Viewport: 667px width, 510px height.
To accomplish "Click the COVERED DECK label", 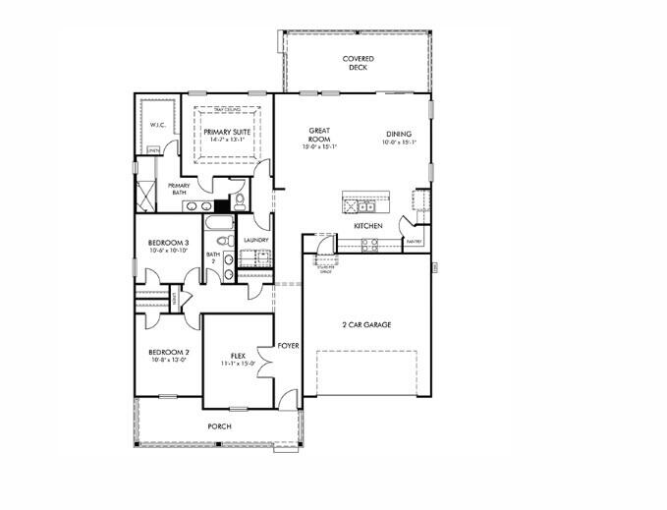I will pyautogui.click(x=358, y=64).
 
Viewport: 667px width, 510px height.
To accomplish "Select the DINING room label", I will pyautogui.click(x=398, y=135).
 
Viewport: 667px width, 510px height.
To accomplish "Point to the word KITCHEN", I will pyautogui.click(x=368, y=227).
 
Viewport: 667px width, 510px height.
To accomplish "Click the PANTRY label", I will pyautogui.click(x=415, y=242).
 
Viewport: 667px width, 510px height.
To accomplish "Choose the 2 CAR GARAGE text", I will pyautogui.click(x=367, y=324).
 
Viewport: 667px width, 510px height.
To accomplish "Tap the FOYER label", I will pyautogui.click(x=288, y=346).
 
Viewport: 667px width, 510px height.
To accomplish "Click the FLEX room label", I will pyautogui.click(x=238, y=356).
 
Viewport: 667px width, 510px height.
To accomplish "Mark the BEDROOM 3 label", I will pyautogui.click(x=169, y=243).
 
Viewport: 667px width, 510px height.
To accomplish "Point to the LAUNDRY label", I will pyautogui.click(x=255, y=240).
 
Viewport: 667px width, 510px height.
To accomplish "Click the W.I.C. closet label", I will pyautogui.click(x=156, y=126).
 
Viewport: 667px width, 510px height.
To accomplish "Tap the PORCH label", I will pyautogui.click(x=219, y=426).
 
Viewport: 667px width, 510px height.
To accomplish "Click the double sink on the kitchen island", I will pyautogui.click(x=366, y=206).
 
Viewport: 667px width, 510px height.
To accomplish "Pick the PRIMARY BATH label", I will pyautogui.click(x=179, y=189).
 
